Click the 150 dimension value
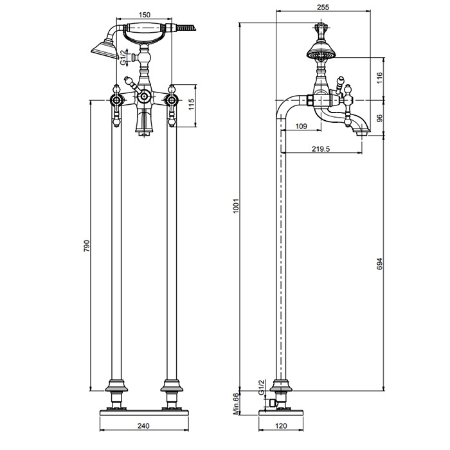[x=145, y=15]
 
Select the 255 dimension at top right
[x=323, y=7]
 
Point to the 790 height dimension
[x=87, y=246]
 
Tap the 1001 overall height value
[x=236, y=206]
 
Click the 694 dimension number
[x=380, y=264]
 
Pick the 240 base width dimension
[x=143, y=426]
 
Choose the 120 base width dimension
[x=281, y=426]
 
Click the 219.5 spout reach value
[x=321, y=148]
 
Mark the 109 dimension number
[x=301, y=126]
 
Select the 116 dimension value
[x=380, y=78]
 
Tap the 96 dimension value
[x=380, y=118]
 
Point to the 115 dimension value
[x=192, y=104]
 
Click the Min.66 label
[x=236, y=404]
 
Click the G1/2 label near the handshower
[x=123, y=58]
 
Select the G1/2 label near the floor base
[x=261, y=387]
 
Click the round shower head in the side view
[x=321, y=53]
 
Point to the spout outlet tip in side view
[x=363, y=133]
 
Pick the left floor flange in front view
[x=116, y=386]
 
